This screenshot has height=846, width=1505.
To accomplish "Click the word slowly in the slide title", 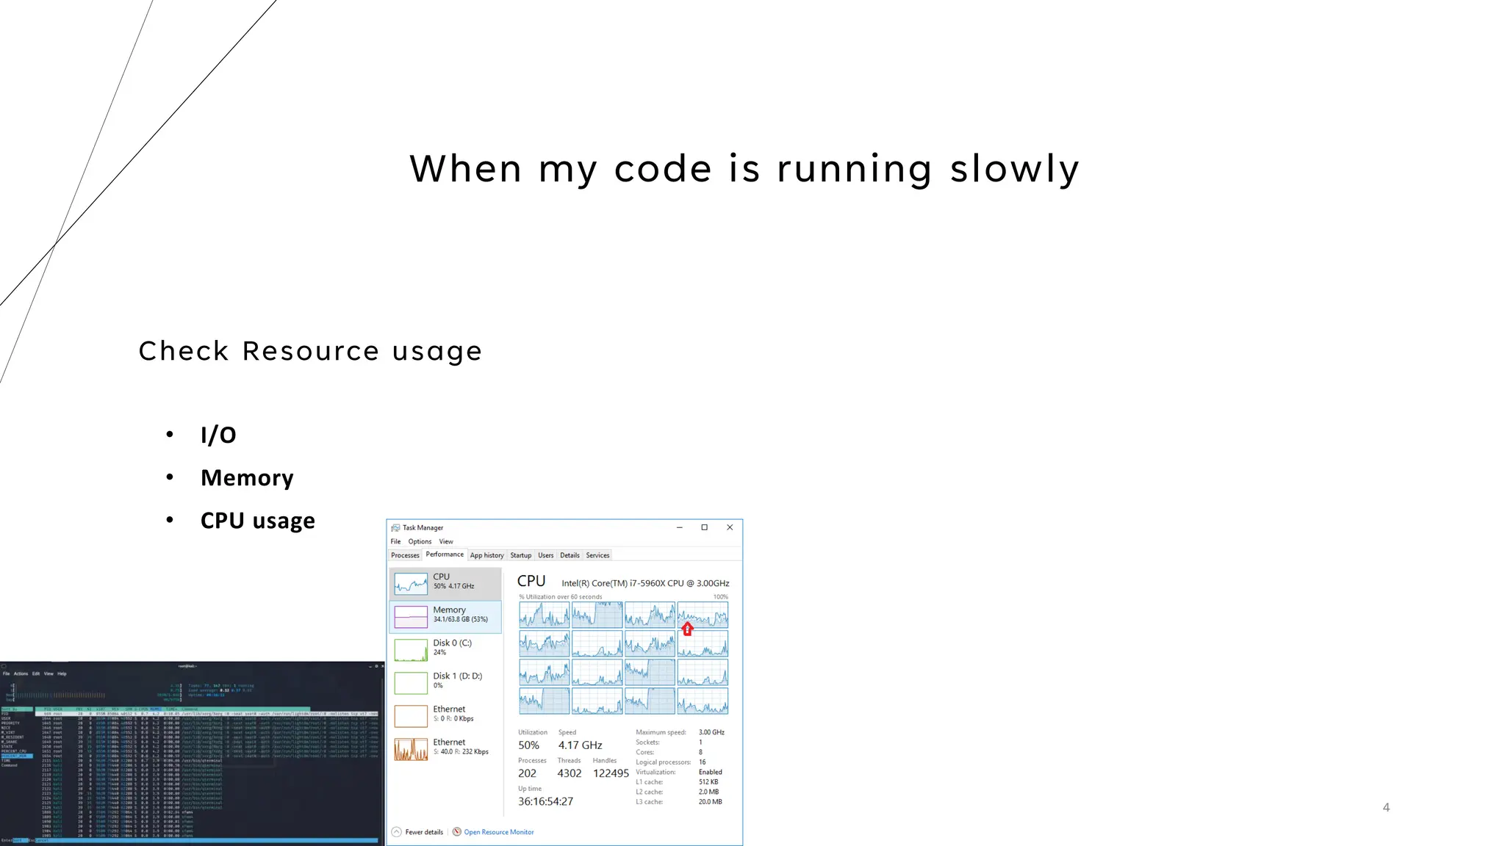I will click(1014, 170).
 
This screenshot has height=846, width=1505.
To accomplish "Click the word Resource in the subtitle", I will click(310, 351).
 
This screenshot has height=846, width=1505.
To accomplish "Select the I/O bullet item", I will click(218, 435).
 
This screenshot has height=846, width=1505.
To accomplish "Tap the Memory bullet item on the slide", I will click(247, 478).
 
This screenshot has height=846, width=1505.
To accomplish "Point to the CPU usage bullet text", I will click(257, 521).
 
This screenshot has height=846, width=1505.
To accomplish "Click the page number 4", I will click(1386, 807).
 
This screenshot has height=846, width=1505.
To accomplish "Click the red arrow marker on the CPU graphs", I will click(687, 629).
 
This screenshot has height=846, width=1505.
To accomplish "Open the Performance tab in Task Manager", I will click(445, 554).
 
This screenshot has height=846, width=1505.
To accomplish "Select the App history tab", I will click(486, 555).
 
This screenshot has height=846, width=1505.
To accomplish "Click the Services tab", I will click(597, 555).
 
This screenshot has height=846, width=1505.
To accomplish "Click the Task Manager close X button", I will click(730, 527).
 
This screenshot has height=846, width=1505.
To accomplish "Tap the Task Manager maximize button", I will click(704, 527).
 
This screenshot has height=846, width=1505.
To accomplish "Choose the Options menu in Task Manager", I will click(420, 541).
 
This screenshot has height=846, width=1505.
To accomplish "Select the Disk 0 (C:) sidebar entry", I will click(445, 648).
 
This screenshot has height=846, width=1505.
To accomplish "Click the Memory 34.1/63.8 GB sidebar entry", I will click(445, 615).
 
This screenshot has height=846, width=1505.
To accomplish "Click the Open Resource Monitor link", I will click(498, 832).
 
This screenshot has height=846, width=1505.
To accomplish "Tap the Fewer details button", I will click(423, 832).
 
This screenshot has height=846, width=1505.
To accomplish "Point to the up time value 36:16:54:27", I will click(545, 801).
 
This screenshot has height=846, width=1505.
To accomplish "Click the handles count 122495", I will click(611, 773).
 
